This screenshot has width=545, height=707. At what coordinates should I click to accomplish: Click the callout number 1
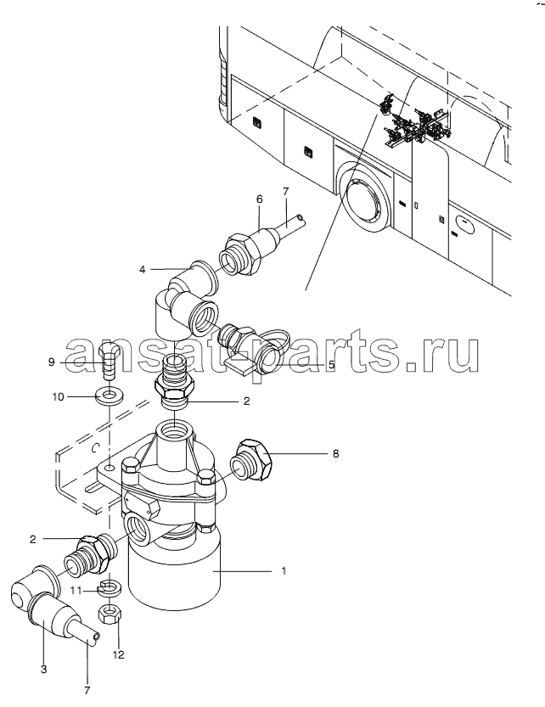(284, 571)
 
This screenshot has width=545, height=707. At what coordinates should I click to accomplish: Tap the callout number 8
(335, 453)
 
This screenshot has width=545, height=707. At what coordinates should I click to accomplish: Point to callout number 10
(59, 397)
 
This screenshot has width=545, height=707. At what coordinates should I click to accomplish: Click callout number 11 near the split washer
(77, 590)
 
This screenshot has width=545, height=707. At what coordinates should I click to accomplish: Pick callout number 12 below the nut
(118, 654)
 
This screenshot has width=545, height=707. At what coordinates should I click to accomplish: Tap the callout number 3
(44, 670)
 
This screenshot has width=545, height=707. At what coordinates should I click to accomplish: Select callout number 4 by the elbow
(143, 270)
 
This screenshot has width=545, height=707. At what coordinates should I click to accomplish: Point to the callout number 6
(260, 199)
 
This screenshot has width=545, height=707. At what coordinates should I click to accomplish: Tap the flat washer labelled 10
(109, 397)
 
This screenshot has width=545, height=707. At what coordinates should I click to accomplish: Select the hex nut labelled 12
(109, 614)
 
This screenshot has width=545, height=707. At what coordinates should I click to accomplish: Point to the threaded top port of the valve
(176, 433)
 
